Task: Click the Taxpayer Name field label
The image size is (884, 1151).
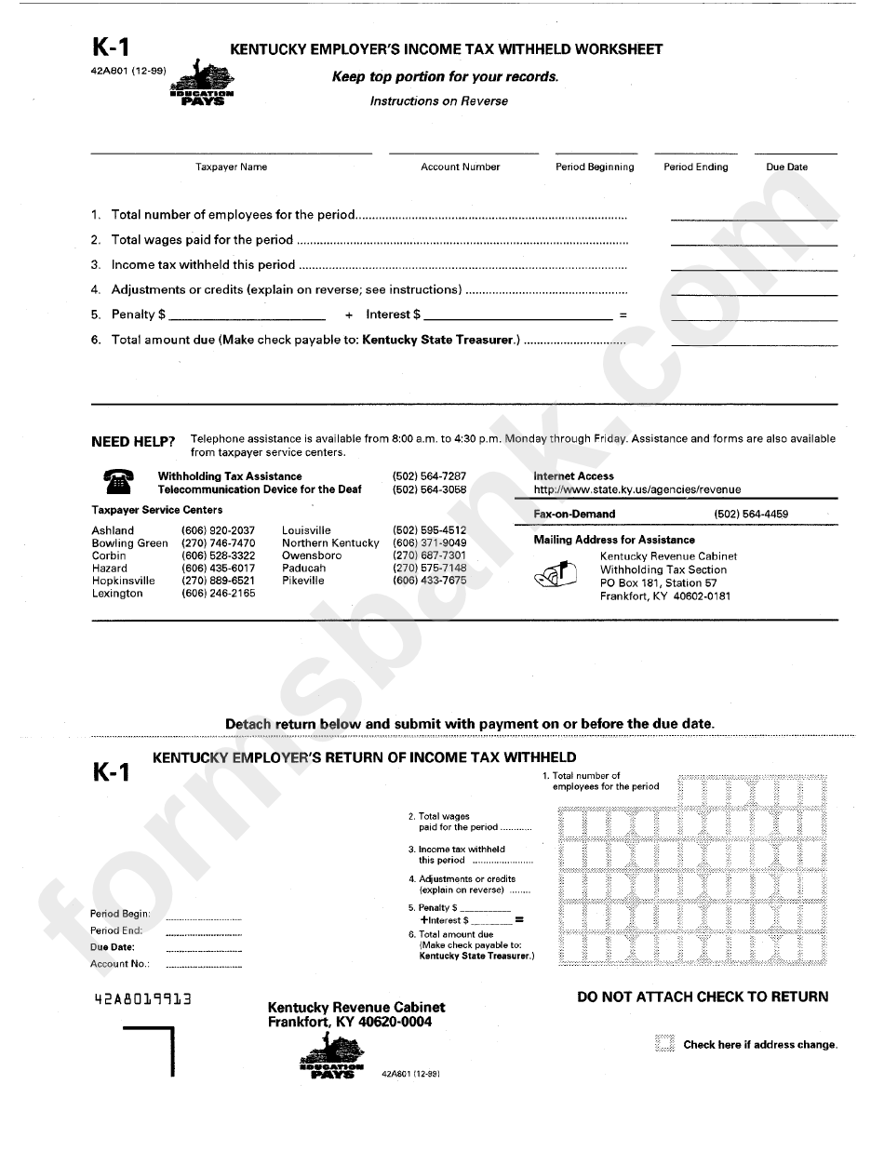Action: tap(231, 167)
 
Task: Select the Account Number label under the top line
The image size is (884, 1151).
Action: tap(460, 167)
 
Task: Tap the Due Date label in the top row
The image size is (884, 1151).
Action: tap(786, 167)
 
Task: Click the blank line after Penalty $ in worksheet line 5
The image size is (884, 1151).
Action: tap(247, 315)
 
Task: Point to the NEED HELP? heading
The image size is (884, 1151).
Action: tap(133, 441)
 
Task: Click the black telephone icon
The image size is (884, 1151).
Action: tap(116, 482)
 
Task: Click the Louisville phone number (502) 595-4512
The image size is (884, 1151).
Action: tap(429, 530)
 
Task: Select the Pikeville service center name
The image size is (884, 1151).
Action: tap(303, 581)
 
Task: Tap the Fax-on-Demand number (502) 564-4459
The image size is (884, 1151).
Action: tap(751, 514)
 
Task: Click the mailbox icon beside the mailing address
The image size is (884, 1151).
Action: tap(556, 576)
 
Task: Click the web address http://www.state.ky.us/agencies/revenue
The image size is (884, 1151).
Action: tap(637, 489)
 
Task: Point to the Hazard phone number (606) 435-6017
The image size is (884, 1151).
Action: tap(218, 568)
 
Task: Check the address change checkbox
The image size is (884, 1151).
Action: tap(663, 1044)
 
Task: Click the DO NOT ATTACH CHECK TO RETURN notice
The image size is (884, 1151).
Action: tap(703, 997)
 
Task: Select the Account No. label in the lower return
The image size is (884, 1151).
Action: tap(119, 964)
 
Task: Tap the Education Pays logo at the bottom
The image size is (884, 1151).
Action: tap(331, 1058)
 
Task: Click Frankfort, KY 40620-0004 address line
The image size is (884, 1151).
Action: tap(349, 1022)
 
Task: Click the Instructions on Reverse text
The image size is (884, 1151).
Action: tap(438, 101)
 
